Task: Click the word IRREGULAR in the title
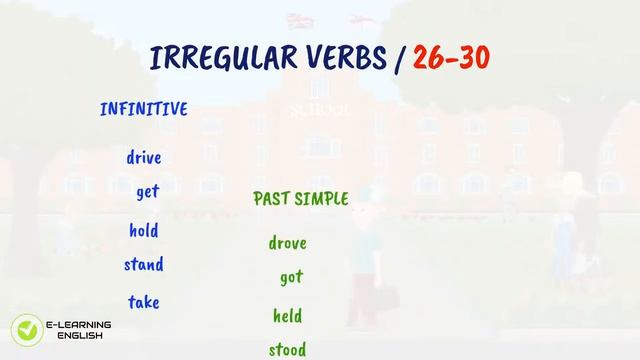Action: pos(222,58)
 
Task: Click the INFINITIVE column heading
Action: pos(144,109)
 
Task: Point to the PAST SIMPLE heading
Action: pos(301,199)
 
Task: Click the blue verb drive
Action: pos(144,157)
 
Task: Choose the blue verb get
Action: pos(148,192)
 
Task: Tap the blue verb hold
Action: pos(144,231)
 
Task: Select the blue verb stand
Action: pos(144,265)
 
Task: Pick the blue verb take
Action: pos(144,301)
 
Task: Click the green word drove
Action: pos(288,243)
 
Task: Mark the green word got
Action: pos(290,278)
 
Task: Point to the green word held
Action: pos(288,316)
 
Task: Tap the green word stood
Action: pos(288,349)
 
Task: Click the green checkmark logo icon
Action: pos(24,330)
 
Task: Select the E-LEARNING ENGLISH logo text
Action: pos(78,330)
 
